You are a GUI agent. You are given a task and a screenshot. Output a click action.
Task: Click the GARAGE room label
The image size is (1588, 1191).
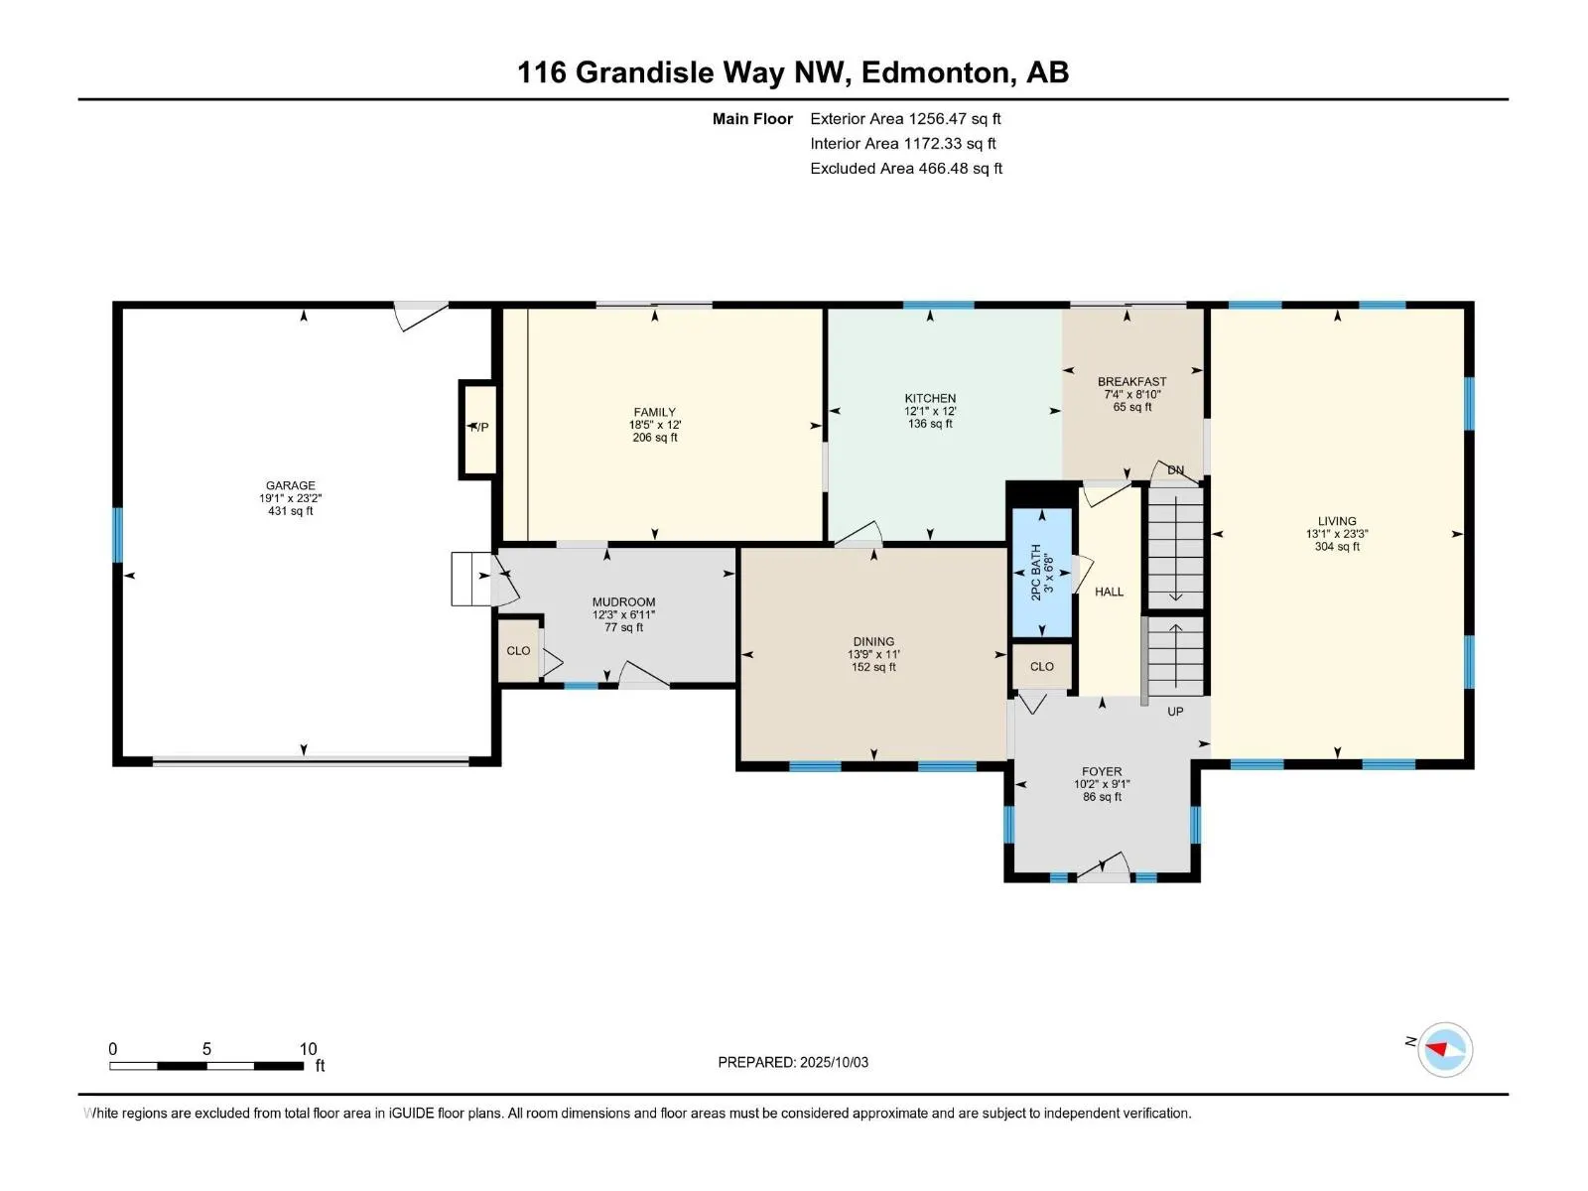click(290, 485)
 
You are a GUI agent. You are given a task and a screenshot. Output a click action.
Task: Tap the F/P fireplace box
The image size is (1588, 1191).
click(478, 430)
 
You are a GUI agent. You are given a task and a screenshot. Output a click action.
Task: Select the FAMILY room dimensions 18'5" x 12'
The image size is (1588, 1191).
click(655, 425)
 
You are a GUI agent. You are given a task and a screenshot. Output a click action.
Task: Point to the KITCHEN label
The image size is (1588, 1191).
click(930, 398)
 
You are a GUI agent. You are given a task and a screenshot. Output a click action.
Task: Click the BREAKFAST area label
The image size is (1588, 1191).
click(1131, 381)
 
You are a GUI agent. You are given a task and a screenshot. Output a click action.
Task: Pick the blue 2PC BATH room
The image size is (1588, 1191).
click(1041, 573)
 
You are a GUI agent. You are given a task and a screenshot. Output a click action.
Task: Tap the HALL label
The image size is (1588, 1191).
click(1109, 592)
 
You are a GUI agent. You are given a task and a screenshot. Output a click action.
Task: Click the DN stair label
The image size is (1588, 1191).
click(1175, 470)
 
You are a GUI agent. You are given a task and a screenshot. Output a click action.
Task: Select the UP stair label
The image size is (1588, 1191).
click(1175, 712)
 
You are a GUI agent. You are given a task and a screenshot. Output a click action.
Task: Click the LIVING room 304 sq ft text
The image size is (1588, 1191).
click(1337, 547)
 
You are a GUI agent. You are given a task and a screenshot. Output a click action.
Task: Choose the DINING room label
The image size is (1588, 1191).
click(873, 641)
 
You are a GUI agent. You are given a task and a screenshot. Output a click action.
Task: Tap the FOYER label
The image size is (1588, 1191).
click(1101, 771)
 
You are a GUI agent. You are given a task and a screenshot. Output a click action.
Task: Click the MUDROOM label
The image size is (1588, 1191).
click(623, 601)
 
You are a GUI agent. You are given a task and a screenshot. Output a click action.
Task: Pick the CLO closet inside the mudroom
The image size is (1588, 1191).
click(518, 651)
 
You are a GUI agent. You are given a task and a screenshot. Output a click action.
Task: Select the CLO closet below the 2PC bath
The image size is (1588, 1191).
click(1041, 667)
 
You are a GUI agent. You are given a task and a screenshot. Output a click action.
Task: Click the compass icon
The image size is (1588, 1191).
click(1445, 1049)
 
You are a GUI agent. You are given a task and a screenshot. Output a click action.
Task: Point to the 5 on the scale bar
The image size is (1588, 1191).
click(206, 1048)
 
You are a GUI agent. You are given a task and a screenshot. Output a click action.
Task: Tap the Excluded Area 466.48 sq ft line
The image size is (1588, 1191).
click(906, 169)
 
